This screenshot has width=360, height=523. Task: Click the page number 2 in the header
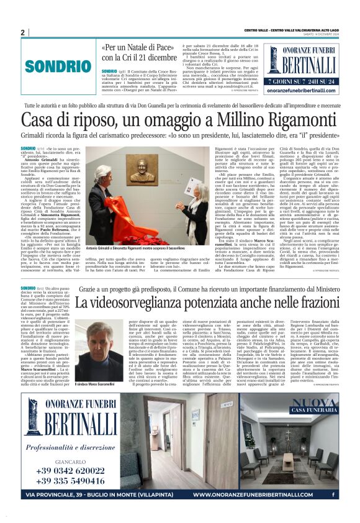pyautogui.click(x=22, y=32)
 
